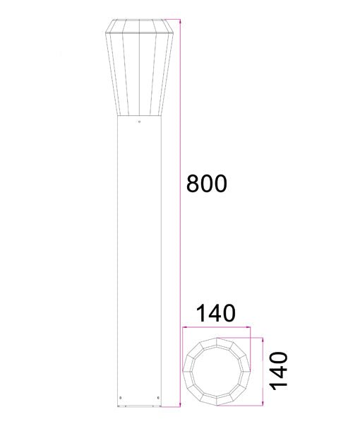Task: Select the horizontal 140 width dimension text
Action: coord(215,312)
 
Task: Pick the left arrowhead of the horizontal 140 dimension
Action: coord(185,328)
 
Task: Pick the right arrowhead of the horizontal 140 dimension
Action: coord(248,328)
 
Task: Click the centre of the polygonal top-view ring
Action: coord(217,370)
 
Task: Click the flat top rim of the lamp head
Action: coord(139,22)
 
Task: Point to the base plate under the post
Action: coord(139,408)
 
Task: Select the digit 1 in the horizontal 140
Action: coord(201,312)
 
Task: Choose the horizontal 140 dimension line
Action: coord(217,328)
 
